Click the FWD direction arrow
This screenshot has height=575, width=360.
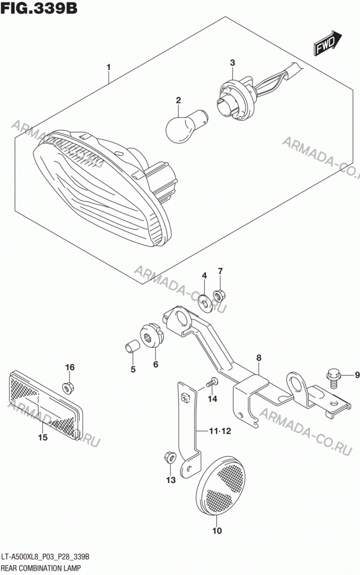pos(327,43)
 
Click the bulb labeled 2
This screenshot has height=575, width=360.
pos(186,124)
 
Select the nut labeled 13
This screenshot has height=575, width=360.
pos(170,458)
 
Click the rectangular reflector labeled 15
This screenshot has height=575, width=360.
pos(45,405)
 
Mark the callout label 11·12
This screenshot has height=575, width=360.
pos(220,431)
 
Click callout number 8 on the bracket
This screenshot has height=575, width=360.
pos(259,358)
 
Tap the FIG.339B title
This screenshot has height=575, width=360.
pos(39,8)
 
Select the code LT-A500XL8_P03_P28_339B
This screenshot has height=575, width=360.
pos(46,558)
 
